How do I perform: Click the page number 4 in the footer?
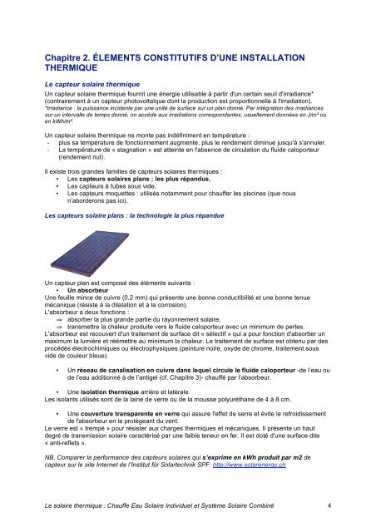click(330, 504)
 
